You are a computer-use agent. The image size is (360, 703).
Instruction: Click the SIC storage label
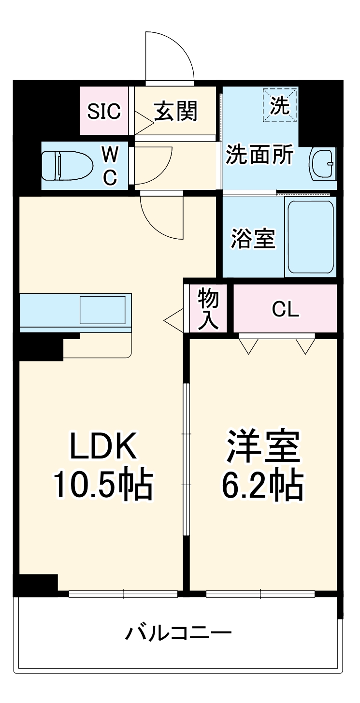(103, 112)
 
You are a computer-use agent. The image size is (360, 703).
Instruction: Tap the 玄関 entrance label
(176, 112)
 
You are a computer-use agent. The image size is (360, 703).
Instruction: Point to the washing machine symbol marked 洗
(280, 105)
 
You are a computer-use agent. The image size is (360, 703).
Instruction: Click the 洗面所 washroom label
(260, 155)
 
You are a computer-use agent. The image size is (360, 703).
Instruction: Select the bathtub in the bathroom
(311, 237)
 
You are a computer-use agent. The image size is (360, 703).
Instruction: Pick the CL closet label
(285, 310)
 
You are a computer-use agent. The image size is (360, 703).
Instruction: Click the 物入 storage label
(208, 310)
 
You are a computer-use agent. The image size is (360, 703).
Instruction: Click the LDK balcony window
(123, 594)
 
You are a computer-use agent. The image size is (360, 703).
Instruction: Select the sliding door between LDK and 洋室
(186, 459)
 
